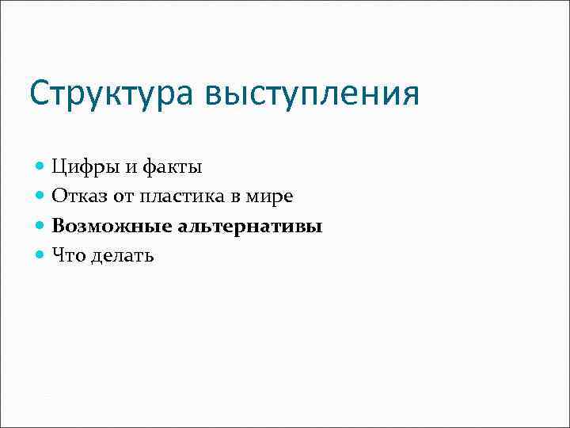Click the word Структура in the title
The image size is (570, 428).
point(111,95)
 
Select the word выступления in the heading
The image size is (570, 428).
point(310,95)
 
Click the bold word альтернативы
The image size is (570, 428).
point(252,226)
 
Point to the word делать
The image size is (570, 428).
point(123,255)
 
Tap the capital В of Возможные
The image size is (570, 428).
point(59,226)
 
